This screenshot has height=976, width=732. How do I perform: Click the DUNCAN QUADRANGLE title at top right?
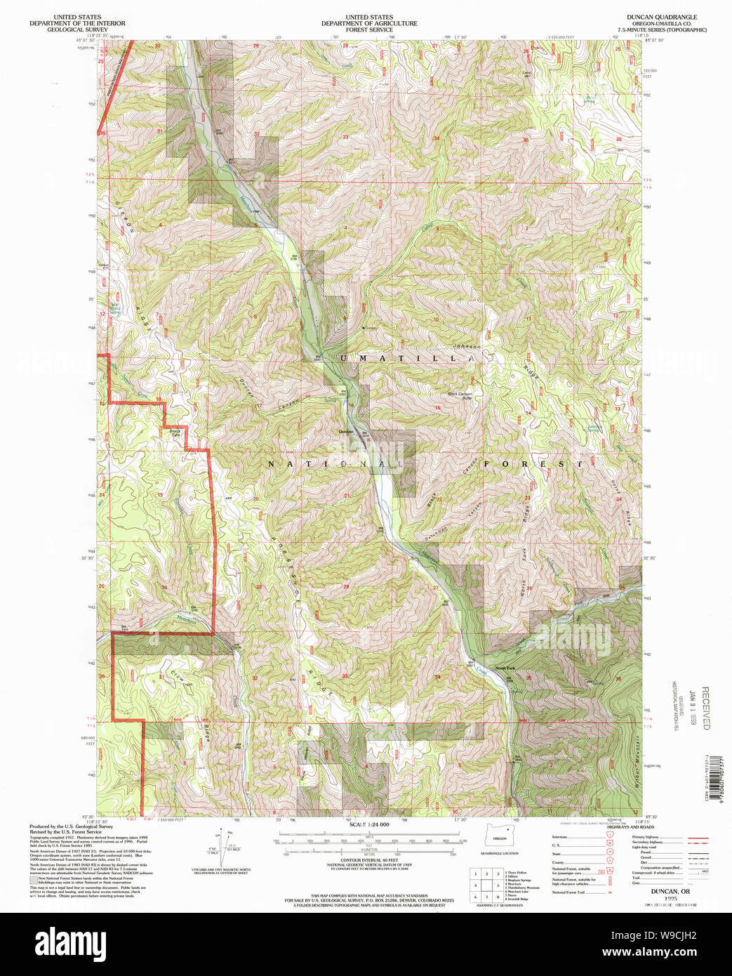[x=662, y=16]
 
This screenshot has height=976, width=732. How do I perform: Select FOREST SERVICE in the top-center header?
[x=369, y=30]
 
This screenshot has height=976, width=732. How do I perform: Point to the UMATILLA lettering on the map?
[x=407, y=358]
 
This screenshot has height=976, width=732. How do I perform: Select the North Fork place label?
[x=505, y=668]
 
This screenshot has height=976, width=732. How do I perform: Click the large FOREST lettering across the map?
[x=533, y=464]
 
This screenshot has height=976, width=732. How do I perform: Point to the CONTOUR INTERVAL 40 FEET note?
[x=369, y=859]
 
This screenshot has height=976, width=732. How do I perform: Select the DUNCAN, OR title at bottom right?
[x=670, y=891]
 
